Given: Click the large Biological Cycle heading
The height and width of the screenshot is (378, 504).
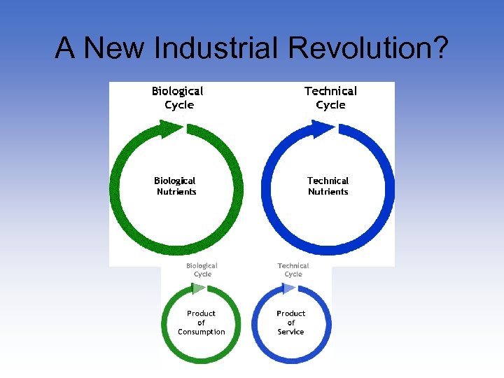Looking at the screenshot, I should tap(178, 98).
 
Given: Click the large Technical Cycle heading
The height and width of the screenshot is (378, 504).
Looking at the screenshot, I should tap(330, 98).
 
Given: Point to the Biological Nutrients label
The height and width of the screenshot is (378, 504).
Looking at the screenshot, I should tap(176, 186).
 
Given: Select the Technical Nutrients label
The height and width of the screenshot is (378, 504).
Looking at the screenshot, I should tap(328, 186).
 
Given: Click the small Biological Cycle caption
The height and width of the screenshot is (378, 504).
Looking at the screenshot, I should tap(202, 269).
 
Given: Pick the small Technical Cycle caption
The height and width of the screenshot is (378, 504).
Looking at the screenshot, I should tap(293, 269).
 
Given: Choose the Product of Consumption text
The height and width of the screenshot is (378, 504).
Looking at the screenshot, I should tap(201, 323).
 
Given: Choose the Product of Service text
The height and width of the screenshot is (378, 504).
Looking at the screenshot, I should tap(290, 323).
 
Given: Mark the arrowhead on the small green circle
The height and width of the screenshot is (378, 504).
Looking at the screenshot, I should tap(198, 288).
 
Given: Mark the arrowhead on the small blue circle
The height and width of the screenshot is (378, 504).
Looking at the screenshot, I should tap(288, 288).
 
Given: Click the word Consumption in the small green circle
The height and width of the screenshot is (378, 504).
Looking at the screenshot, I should tap(201, 332).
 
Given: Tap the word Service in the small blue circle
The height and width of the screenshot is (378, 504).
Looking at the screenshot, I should tap(290, 332).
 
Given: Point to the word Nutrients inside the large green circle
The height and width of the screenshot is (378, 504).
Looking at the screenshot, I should tap(176, 192).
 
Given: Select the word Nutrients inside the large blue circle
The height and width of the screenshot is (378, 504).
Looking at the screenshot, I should tap(328, 192).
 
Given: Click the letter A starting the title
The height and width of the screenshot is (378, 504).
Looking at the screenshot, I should tap(64, 48).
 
